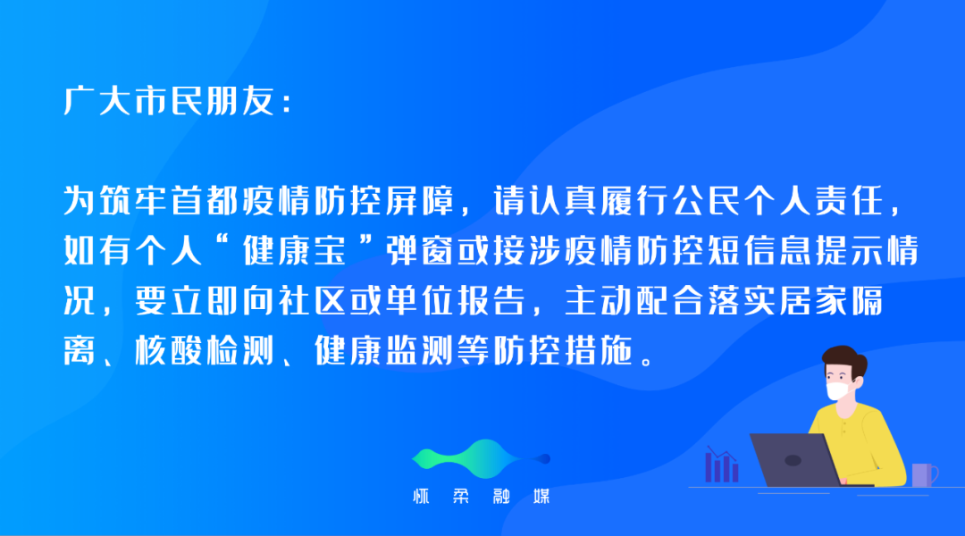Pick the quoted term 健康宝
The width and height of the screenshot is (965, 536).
pyautogui.click(x=296, y=250)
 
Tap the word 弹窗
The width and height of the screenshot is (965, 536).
pyautogui.click(x=421, y=250)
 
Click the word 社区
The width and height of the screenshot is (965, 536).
pyautogui.click(x=313, y=301)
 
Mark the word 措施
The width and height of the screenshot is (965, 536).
pyautogui.click(x=599, y=351)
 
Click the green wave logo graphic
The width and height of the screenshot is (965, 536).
pyautogui.click(x=481, y=458)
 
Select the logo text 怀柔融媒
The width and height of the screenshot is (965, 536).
pyautogui.click(x=482, y=496)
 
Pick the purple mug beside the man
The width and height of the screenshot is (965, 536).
pyautogui.click(x=924, y=475)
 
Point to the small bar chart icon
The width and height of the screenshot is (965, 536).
pyautogui.click(x=721, y=465)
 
